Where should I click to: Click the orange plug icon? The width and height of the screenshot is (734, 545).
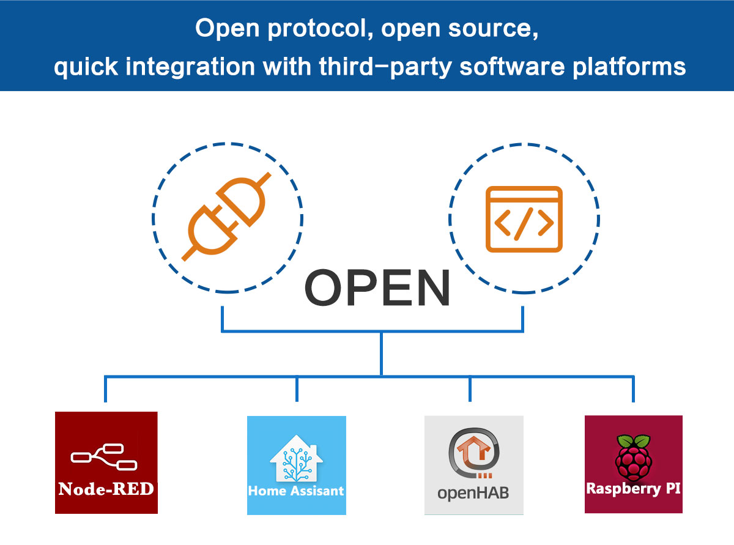pyautogui.click(x=228, y=218)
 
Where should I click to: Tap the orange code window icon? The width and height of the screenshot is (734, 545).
pyautogui.click(x=524, y=220)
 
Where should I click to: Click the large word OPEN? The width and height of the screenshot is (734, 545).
pyautogui.click(x=377, y=289)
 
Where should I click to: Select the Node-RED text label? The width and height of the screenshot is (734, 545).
pyautogui.click(x=106, y=489)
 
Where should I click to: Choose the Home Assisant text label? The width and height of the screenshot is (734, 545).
pyautogui.click(x=296, y=491)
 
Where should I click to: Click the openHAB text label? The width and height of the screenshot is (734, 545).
pyautogui.click(x=473, y=493)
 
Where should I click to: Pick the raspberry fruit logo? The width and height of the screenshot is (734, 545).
pyautogui.click(x=633, y=458)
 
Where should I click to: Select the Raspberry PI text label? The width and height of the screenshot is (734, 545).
pyautogui.click(x=633, y=489)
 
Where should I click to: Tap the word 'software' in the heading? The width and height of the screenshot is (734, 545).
pyautogui.click(x=511, y=65)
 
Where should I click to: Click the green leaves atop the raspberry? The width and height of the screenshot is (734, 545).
pyautogui.click(x=633, y=442)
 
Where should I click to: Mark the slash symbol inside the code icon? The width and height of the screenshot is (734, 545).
pyautogui.click(x=524, y=224)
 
